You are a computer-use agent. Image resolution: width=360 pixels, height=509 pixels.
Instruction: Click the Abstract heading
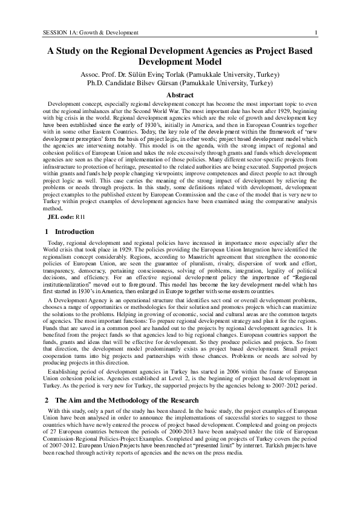point(180,95)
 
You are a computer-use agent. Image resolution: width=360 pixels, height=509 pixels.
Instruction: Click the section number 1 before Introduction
point(47,248)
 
